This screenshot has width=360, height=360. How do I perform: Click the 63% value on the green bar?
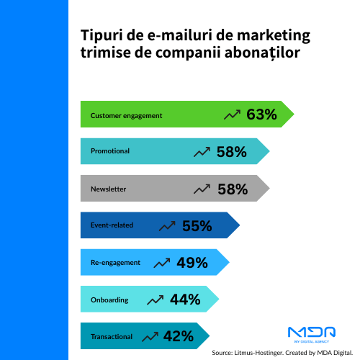click(x=261, y=114)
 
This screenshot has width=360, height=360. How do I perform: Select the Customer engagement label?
click(x=126, y=115)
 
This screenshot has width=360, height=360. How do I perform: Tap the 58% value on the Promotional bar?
click(x=231, y=152)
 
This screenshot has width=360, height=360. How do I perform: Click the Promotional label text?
click(x=110, y=152)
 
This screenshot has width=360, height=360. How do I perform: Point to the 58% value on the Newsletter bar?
click(x=231, y=189)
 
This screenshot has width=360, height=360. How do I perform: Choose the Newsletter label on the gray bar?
click(x=108, y=189)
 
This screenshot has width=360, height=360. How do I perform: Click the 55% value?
click(x=197, y=226)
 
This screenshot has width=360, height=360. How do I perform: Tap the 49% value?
click(x=192, y=263)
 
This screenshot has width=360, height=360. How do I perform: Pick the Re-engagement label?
click(x=115, y=263)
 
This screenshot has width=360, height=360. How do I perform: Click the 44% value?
click(x=185, y=300)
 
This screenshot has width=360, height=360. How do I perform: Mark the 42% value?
click(x=178, y=336)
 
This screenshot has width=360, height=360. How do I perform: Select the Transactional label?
click(x=112, y=336)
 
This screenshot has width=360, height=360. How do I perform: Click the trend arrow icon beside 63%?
click(x=232, y=114)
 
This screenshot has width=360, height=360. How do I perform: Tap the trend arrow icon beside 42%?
click(x=150, y=336)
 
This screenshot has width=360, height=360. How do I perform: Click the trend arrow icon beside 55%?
click(x=167, y=226)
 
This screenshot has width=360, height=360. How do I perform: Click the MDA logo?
click(x=311, y=333)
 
